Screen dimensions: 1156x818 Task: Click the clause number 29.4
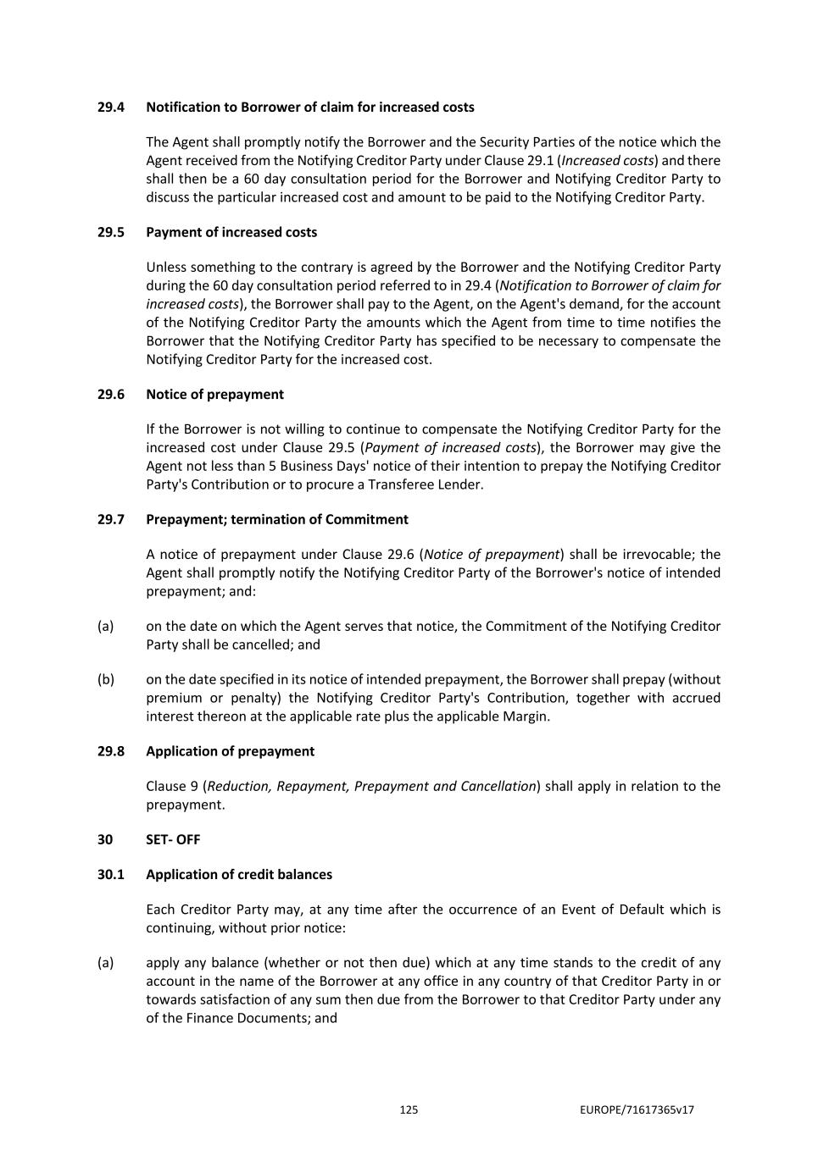pyautogui.click(x=110, y=108)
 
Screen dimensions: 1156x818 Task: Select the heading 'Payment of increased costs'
pyautogui.click(x=231, y=233)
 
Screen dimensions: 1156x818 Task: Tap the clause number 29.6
pyautogui.click(x=110, y=395)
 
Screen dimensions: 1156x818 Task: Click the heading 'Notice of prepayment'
pyautogui.click(x=214, y=395)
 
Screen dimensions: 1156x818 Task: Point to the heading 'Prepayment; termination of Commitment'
pyautogui.click(x=277, y=520)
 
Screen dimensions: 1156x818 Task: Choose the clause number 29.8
pyautogui.click(x=110, y=752)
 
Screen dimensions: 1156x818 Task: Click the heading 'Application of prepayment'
pyautogui.click(x=230, y=752)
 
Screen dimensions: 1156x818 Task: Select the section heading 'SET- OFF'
pyautogui.click(x=173, y=840)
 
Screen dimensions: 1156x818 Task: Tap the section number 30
pyautogui.click(x=104, y=840)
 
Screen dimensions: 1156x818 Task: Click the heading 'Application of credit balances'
pyautogui.click(x=239, y=875)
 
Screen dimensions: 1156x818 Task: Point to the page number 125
pyautogui.click(x=409, y=1110)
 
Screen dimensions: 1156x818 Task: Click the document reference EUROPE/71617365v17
pyautogui.click(x=637, y=1110)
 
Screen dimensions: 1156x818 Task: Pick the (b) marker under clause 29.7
pyautogui.click(x=105, y=680)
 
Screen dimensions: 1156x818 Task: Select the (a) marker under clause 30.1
pyautogui.click(x=105, y=963)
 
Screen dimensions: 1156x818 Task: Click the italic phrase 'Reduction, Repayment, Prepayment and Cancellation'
pyautogui.click(x=371, y=787)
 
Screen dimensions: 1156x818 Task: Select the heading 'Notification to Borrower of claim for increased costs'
pyautogui.click(x=310, y=108)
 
